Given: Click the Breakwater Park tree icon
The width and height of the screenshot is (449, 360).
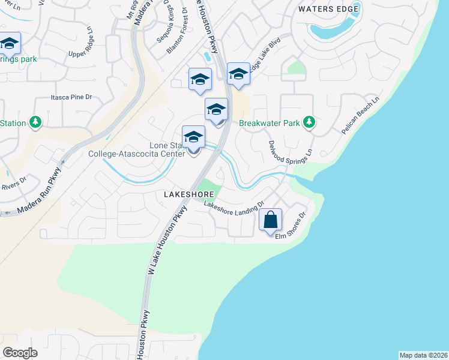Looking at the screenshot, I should pos(309,123).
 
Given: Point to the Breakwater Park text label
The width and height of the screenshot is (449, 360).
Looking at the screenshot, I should pos(269,124).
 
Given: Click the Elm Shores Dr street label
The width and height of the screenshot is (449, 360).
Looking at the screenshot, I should pos(291,227).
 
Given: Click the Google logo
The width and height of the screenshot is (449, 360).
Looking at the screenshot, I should pos(20,353).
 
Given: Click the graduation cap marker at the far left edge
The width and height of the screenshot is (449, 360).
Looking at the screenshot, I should pos(9,44).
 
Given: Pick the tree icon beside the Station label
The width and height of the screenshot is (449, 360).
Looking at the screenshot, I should pos(35,123).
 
